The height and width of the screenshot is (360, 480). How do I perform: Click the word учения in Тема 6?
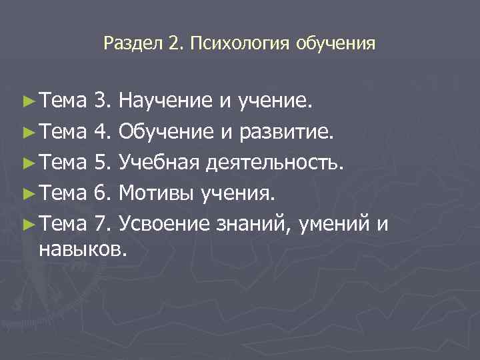coord(236,194)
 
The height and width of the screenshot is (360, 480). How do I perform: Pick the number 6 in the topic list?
coord(101,194)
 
